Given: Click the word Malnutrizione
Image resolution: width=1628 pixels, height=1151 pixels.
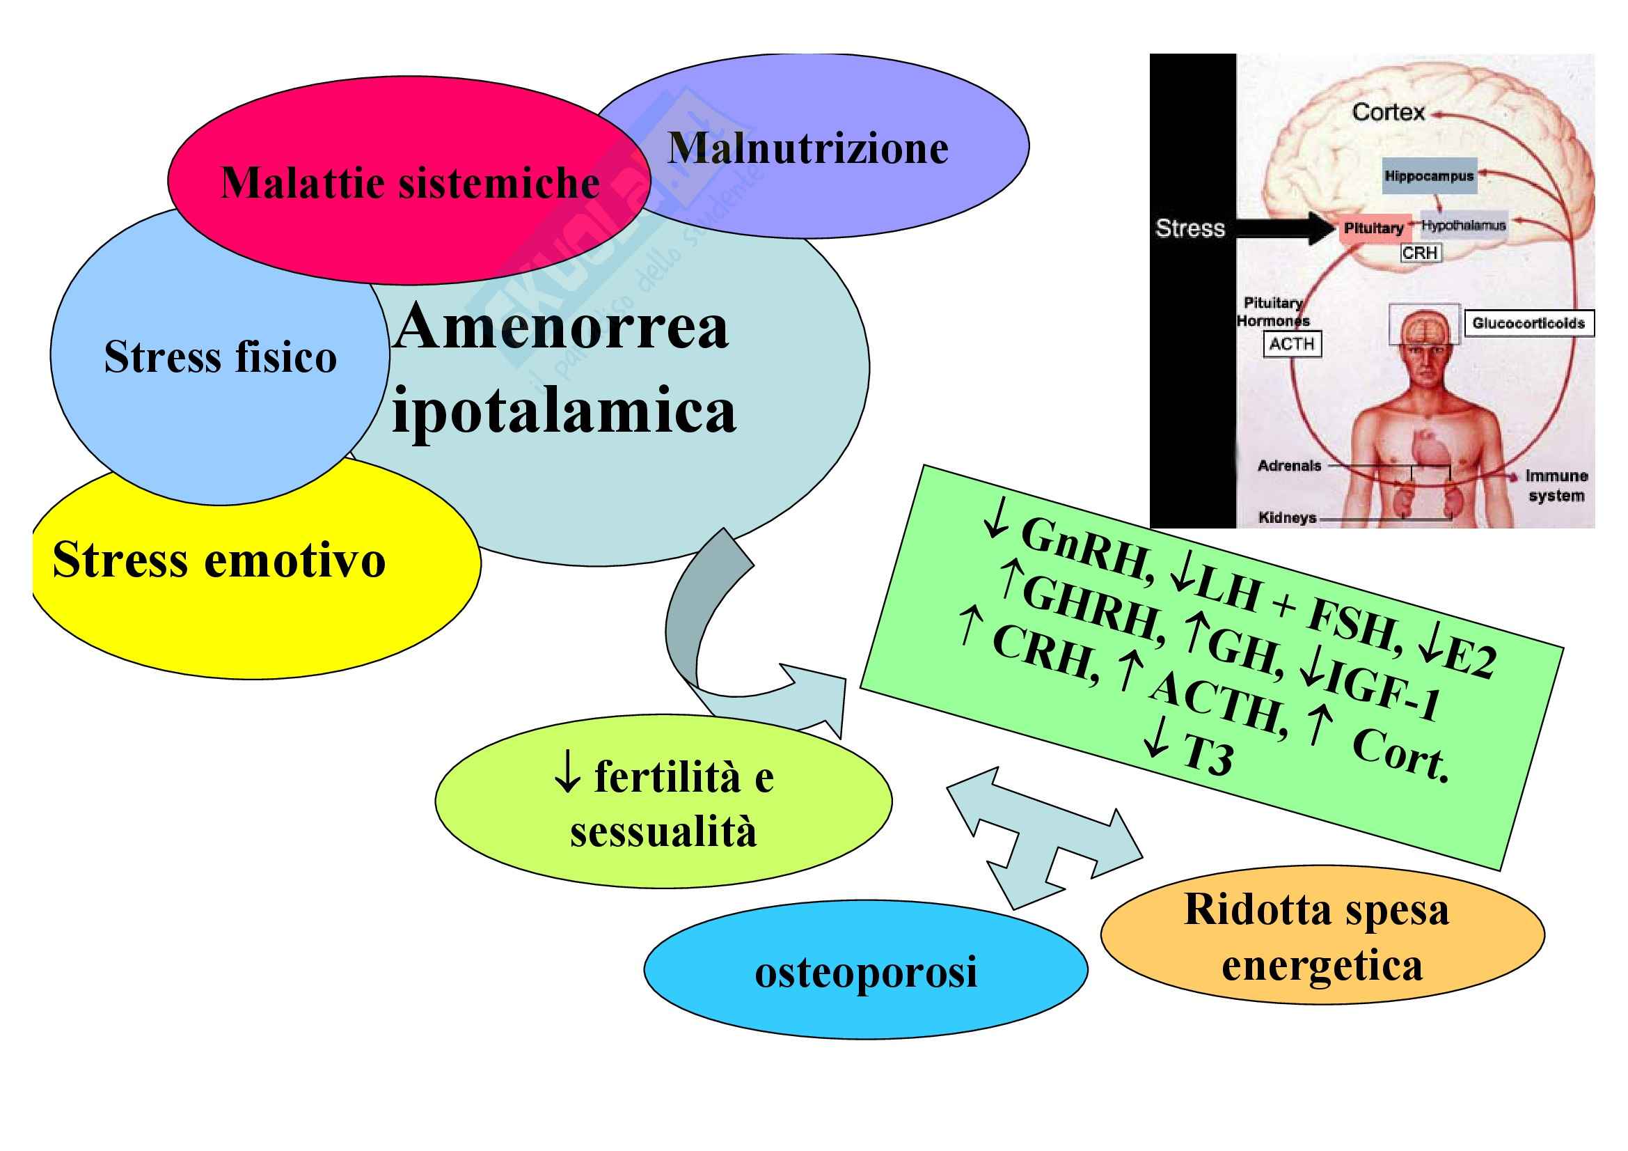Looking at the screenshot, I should (x=807, y=149).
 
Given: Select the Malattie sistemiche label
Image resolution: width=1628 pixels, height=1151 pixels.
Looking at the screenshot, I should (x=410, y=183).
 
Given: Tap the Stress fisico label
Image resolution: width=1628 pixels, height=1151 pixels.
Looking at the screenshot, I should (x=220, y=356).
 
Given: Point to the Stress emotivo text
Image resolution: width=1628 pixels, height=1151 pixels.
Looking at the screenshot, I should (x=219, y=561).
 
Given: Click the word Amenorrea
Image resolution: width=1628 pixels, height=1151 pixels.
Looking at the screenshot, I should (x=562, y=328).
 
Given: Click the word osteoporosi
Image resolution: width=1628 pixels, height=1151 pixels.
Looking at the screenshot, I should (x=865, y=971).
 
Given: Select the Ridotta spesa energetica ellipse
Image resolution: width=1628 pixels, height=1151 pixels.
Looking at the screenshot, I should (x=1322, y=936).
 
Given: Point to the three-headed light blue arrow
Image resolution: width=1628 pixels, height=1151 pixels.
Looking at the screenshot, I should (x=1035, y=837).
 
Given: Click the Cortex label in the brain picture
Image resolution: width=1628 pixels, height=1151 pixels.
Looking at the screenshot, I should (x=1388, y=112).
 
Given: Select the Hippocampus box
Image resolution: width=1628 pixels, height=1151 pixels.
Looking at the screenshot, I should (x=1429, y=176).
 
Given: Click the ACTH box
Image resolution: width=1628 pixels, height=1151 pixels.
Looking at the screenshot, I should (x=1292, y=344).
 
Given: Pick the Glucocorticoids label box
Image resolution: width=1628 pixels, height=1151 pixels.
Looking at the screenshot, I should (x=1528, y=323).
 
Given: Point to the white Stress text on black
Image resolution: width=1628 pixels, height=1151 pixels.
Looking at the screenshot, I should (x=1190, y=228).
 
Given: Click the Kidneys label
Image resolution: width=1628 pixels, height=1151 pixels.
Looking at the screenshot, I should (x=1287, y=517).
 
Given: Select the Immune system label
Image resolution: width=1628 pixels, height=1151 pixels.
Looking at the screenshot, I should (x=1556, y=485).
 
